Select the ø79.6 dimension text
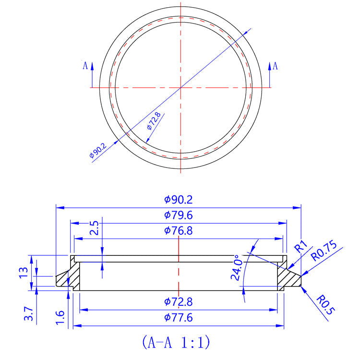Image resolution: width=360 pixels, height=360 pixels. [179, 215]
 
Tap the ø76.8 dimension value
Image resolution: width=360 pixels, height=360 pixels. [179, 231]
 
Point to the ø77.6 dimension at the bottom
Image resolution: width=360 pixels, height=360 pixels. [179, 317]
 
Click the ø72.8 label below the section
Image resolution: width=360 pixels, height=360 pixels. [179, 302]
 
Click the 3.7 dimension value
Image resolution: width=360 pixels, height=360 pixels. [29, 313]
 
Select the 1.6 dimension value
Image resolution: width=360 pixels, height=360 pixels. [60, 317]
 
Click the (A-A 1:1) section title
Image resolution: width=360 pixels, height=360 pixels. [176, 342]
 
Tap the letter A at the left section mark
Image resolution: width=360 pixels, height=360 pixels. [85, 65]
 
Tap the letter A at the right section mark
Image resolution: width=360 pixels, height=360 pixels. [276, 66]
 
